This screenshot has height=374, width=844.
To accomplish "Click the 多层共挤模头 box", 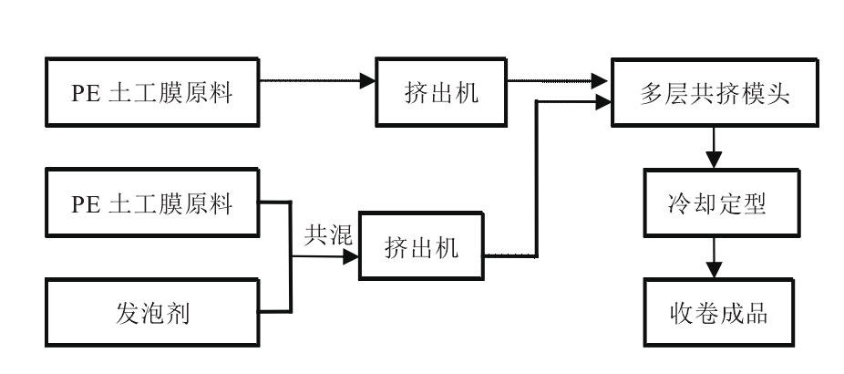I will pyautogui.click(x=714, y=93).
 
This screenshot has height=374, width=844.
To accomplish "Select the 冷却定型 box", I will pyautogui.click(x=714, y=203).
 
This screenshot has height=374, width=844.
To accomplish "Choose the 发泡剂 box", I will pyautogui.click(x=152, y=315).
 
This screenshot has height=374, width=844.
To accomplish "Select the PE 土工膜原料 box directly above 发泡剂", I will pyautogui.click(x=152, y=203).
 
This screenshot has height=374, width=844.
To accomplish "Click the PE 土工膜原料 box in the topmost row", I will pyautogui.click(x=152, y=93).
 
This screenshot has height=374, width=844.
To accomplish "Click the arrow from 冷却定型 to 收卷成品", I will pyautogui.click(x=714, y=257).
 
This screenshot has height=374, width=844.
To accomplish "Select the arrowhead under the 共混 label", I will pyautogui.click(x=351, y=258).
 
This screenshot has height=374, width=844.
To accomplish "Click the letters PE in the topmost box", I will pyautogui.click(x=87, y=93).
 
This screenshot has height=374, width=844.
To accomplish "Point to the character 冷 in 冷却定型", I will pyautogui.click(x=672, y=203).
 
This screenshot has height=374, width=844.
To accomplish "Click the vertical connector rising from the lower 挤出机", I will pyautogui.click(x=537, y=173).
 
